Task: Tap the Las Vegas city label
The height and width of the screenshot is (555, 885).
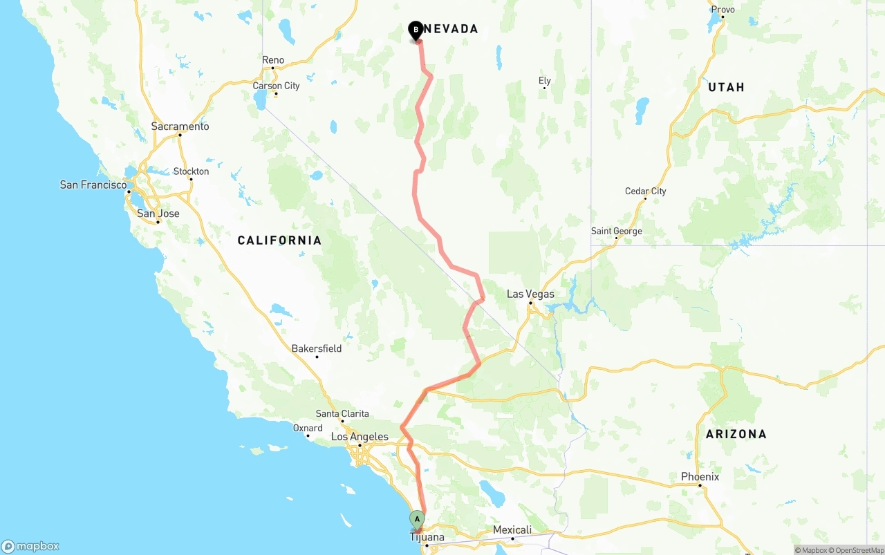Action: [530, 294]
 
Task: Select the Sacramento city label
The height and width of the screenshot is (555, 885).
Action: [180, 126]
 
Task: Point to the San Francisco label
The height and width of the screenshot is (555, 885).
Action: [93, 185]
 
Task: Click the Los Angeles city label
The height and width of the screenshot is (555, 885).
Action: [360, 437]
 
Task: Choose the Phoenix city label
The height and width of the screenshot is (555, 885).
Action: [700, 477]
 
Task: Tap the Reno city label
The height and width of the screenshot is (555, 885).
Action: [273, 60]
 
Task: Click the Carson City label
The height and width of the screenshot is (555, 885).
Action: [276, 86]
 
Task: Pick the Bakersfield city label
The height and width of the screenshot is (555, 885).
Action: [317, 348]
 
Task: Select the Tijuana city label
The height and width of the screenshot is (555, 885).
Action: [427, 537]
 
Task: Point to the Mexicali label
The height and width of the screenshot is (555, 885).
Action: [512, 530]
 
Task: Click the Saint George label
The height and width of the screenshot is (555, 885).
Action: [617, 231]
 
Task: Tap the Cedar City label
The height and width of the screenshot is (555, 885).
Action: [645, 191]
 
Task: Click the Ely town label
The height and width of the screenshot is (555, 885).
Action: [545, 81]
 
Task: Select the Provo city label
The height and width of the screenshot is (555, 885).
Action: [723, 10]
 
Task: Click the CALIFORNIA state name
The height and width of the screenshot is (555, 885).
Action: [279, 241]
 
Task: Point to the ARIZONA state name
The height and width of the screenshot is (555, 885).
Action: [736, 434]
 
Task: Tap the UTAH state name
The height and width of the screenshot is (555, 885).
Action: [726, 87]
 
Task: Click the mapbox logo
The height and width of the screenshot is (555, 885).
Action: [30, 546]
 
